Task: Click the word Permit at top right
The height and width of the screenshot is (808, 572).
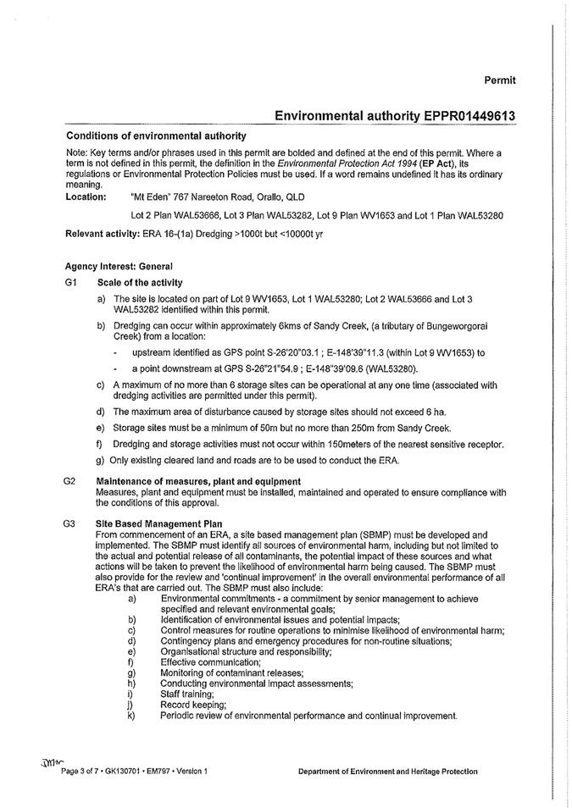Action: click(x=500, y=80)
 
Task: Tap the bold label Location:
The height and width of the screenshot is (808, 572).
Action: click(x=86, y=196)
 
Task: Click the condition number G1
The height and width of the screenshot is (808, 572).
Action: click(x=71, y=281)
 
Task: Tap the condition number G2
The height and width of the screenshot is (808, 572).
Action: click(x=71, y=481)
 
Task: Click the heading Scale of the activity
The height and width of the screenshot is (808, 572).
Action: click(x=140, y=281)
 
